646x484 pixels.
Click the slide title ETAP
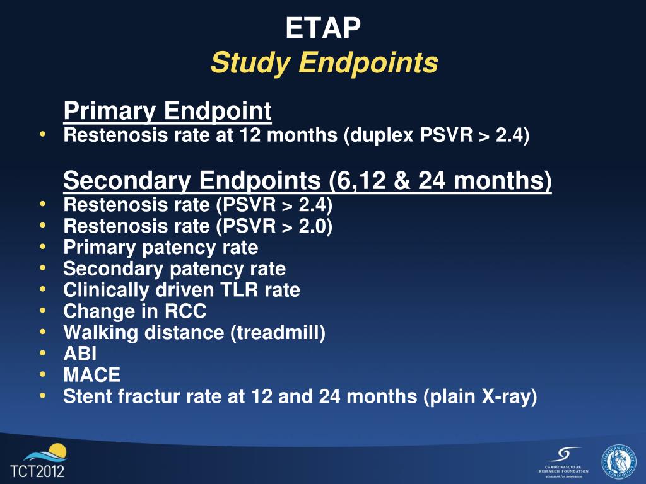[x=323, y=28]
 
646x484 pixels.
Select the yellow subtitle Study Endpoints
[x=324, y=63]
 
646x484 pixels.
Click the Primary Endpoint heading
[x=168, y=112]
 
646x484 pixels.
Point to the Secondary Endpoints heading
[x=307, y=181]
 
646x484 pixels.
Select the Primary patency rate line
[x=160, y=248]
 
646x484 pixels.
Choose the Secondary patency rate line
[x=174, y=269]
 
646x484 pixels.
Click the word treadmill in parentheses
[x=278, y=333]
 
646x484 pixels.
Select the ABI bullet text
[x=80, y=354]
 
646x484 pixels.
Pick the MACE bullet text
[x=91, y=375]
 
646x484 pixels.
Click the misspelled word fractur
[x=141, y=396]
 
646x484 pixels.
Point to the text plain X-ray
[x=479, y=396]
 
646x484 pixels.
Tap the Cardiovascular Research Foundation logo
[x=563, y=461]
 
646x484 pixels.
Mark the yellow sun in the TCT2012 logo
[x=57, y=451]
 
